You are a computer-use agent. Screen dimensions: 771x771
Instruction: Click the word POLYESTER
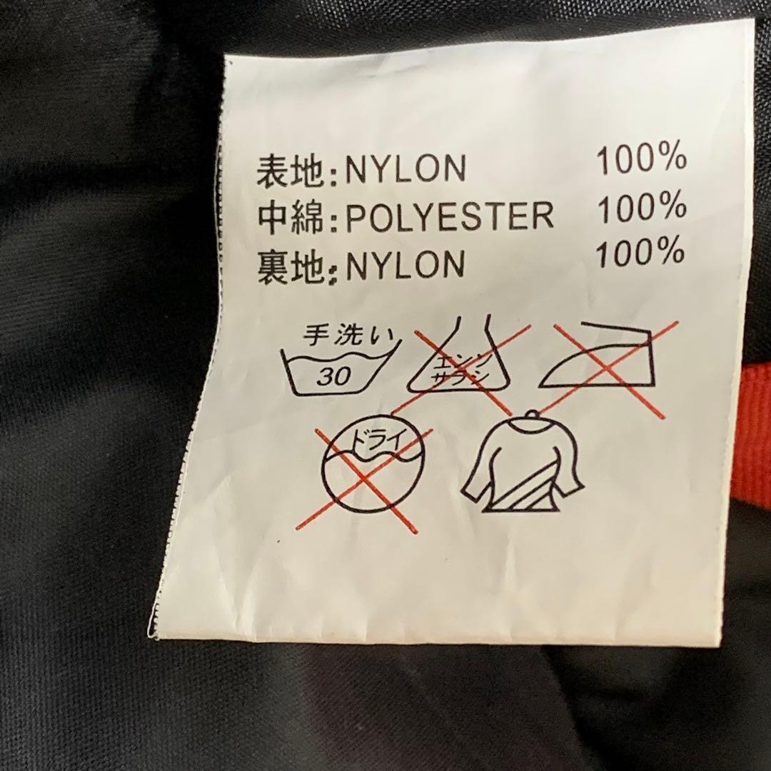pyautogui.click(x=450, y=216)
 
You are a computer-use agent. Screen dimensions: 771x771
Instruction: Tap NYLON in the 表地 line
pyautogui.click(x=405, y=168)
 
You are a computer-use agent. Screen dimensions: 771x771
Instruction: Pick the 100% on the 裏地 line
pyautogui.click(x=640, y=252)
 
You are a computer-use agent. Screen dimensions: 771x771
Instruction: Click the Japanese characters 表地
pyautogui.click(x=290, y=171)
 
